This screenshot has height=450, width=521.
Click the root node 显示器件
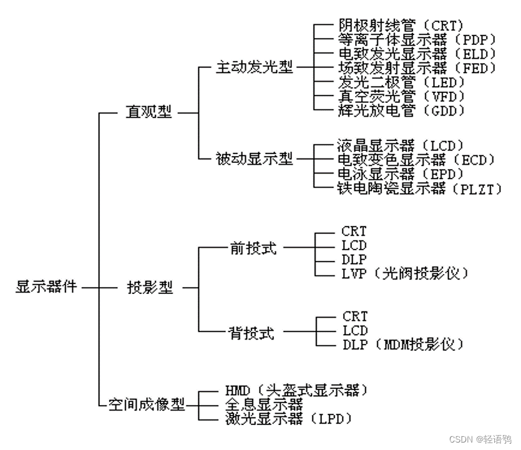tap(46, 288)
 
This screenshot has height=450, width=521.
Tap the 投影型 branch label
tap(149, 288)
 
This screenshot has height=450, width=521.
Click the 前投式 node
tap(253, 248)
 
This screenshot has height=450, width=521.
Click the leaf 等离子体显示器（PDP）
tap(408, 40)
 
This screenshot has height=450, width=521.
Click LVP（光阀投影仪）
tap(404, 273)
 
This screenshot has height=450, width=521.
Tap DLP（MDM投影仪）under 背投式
tap(403, 345)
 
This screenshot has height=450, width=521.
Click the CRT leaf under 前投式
tap(354, 232)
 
